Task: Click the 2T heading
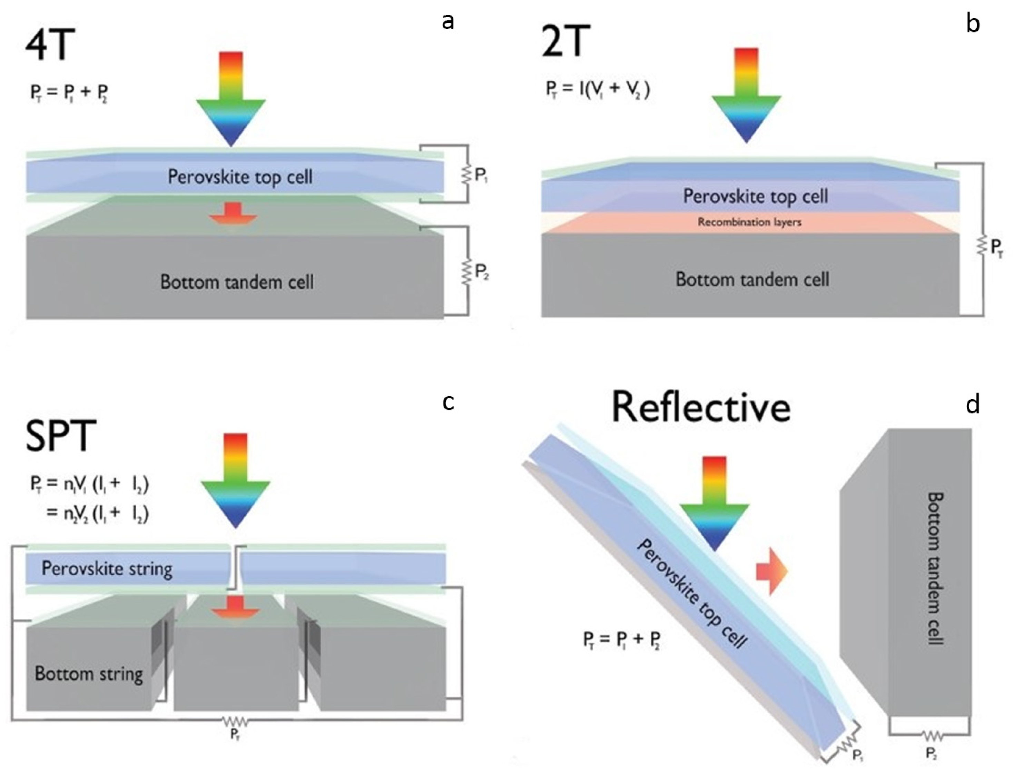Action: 565,41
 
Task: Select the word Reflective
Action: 701,407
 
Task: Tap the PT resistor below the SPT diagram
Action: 235,721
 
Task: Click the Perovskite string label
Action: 107,568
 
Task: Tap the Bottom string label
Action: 89,674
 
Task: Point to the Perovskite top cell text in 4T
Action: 240,177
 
